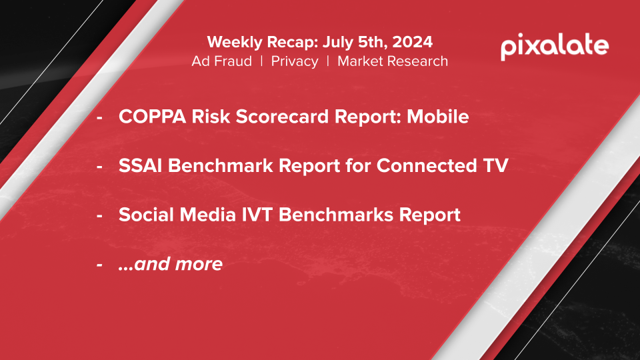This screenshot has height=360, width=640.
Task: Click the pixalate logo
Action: (555, 46)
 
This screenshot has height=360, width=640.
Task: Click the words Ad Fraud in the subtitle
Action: (221, 61)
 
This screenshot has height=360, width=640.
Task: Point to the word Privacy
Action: (295, 61)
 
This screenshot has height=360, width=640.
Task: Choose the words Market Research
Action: (393, 61)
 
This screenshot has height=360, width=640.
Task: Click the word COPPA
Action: (152, 116)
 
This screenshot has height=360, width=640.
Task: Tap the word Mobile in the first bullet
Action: (438, 116)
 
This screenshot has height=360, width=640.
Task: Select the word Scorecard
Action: (282, 116)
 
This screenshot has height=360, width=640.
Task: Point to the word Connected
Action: (426, 165)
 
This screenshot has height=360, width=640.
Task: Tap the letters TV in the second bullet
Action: (495, 165)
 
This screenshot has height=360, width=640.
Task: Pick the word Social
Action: (146, 214)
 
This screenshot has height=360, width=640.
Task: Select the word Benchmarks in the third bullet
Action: (335, 214)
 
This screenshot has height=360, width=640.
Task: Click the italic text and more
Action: (171, 264)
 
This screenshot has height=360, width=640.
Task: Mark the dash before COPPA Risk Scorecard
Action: (99, 117)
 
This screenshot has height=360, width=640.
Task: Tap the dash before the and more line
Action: (99, 265)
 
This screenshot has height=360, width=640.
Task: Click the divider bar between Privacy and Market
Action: (328, 61)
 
